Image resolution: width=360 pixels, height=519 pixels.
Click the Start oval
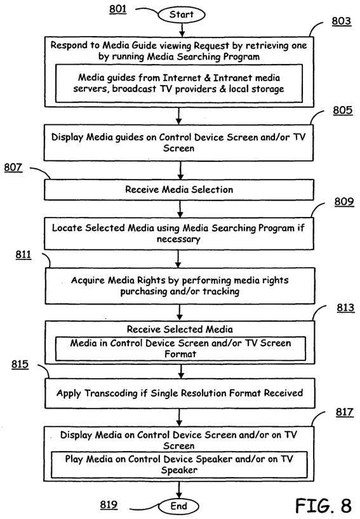(x=182, y=15)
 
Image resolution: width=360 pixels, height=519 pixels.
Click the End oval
(x=179, y=506)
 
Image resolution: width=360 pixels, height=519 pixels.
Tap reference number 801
(x=118, y=9)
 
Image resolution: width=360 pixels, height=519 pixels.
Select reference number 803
(x=342, y=21)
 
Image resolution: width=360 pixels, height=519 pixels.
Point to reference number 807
(x=13, y=167)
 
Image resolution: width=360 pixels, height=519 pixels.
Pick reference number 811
(x=23, y=254)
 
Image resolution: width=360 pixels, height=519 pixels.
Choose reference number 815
(x=20, y=364)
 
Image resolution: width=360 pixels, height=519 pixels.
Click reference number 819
(x=109, y=505)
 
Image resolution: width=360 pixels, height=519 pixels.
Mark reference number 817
(x=345, y=412)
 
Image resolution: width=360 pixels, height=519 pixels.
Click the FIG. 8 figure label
(x=323, y=506)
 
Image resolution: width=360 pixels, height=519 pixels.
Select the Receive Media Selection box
(x=179, y=190)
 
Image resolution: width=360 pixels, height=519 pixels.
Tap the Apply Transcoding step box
(x=180, y=393)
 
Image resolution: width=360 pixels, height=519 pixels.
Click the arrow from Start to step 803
(x=182, y=30)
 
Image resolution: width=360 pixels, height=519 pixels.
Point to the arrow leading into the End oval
(x=179, y=490)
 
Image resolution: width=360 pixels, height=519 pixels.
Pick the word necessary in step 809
(x=178, y=239)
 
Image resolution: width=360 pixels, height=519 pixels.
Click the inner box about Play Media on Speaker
(x=179, y=464)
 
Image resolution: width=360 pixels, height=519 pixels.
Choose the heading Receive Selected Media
(x=180, y=329)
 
